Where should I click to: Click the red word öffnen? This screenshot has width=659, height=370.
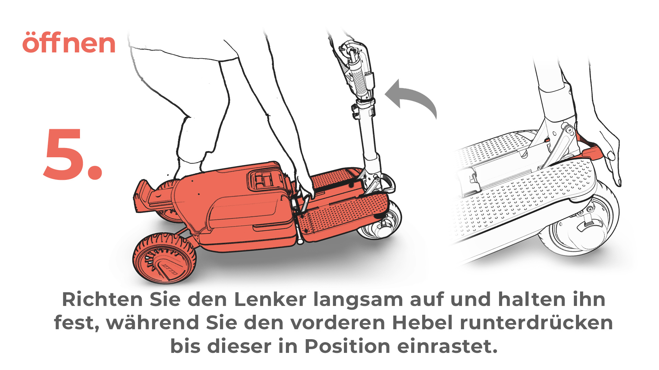pos(69,42)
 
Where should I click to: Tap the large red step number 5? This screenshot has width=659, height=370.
pos(73,154)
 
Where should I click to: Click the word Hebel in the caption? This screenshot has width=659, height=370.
pos(422,322)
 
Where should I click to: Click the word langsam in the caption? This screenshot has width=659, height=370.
pos(358,301)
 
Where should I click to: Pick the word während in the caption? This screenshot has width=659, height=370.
pos(152,322)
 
